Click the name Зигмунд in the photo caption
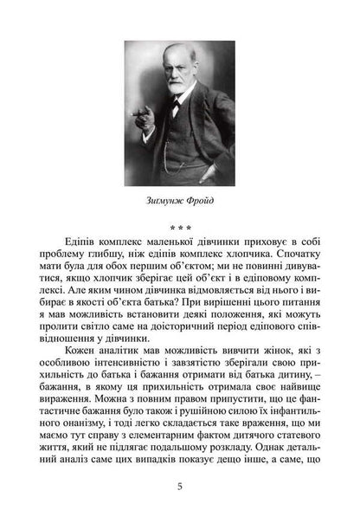[162, 203]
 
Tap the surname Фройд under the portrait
[199, 203]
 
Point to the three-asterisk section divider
[179, 228]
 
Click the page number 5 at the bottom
[179, 486]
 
